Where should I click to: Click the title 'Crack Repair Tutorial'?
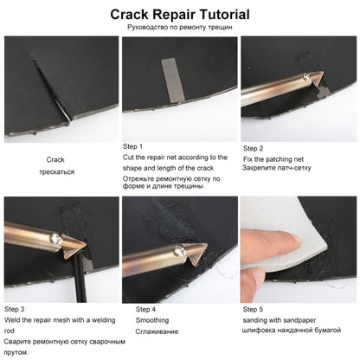pos(180,15)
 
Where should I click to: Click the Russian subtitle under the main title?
pos(180,27)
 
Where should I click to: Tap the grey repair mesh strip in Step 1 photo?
pos(173,80)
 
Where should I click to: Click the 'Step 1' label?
pos(132,146)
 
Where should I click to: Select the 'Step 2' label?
pos(253,148)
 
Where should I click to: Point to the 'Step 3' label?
pos(15,309)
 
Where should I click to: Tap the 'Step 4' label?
pos(145,309)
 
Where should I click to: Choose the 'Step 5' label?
pos(253,309)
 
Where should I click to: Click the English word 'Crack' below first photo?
pos(55,159)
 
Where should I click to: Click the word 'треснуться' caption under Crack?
pos(57,172)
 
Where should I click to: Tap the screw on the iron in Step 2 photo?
pos(306,77)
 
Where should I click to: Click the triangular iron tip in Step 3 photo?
pos(74,246)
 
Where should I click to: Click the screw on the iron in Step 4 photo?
pos(178,250)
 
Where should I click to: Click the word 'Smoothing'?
pos(152,320)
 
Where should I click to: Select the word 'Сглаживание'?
pos(157,331)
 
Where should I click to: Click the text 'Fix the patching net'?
pos(273,159)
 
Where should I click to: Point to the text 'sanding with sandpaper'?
pos(280,320)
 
